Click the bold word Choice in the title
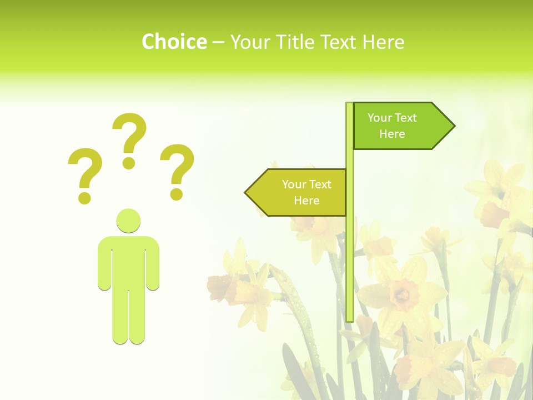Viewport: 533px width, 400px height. tap(174, 42)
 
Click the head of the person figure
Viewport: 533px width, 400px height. tap(128, 221)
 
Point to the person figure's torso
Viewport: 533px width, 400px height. tap(128, 261)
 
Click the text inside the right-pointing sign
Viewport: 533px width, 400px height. tap(392, 126)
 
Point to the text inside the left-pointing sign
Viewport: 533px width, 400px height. tap(306, 192)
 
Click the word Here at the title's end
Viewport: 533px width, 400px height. tap(383, 42)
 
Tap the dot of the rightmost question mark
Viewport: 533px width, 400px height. tap(177, 194)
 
